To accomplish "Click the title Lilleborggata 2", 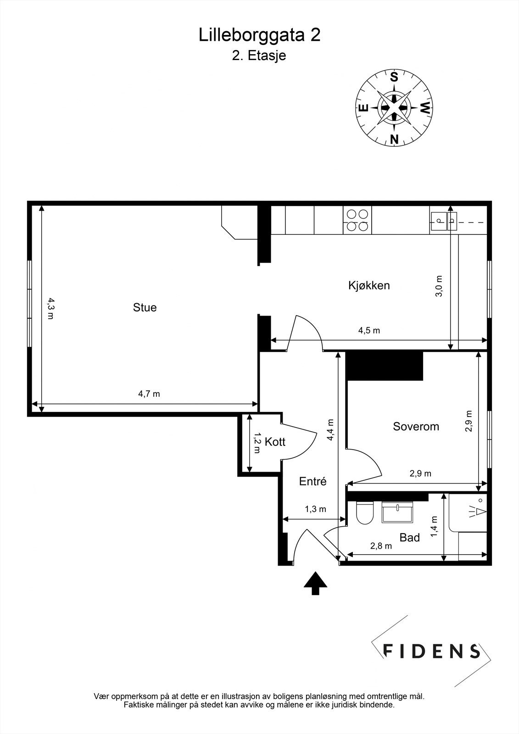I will click(259, 35).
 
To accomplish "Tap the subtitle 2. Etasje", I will click(259, 56).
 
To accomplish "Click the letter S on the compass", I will click(394, 77).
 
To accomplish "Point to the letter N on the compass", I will click(394, 139).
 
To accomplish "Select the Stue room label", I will click(145, 307).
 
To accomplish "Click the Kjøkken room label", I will click(369, 285).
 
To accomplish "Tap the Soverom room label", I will click(416, 427).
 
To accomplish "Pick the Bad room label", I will click(409, 537).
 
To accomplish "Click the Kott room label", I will click(275, 442).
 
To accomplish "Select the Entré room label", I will click(313, 482).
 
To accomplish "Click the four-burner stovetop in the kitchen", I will click(357, 220).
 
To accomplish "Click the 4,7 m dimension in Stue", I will click(149, 394).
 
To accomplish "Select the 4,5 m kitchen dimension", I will click(369, 330).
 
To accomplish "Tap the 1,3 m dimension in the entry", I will click(315, 509).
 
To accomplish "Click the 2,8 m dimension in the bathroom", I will click(381, 546).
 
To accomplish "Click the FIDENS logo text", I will click(431, 651).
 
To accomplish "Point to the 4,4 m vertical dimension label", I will click(330, 430).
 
